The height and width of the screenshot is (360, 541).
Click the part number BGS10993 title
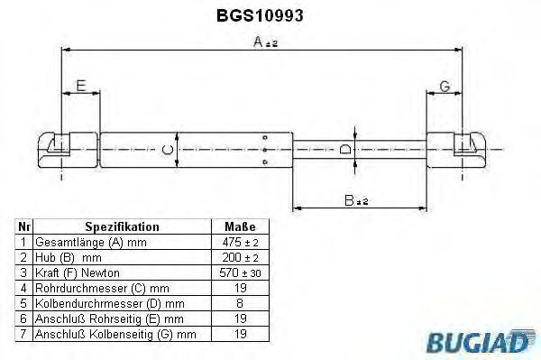260,15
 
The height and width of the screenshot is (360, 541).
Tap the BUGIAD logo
481,341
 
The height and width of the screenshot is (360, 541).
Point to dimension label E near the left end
81,86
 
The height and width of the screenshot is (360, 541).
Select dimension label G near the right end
445,87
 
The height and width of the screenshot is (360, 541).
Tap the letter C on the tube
168,150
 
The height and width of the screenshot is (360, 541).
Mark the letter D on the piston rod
345,150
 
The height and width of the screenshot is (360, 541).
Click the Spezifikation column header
122,226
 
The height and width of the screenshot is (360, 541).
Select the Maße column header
240,226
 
